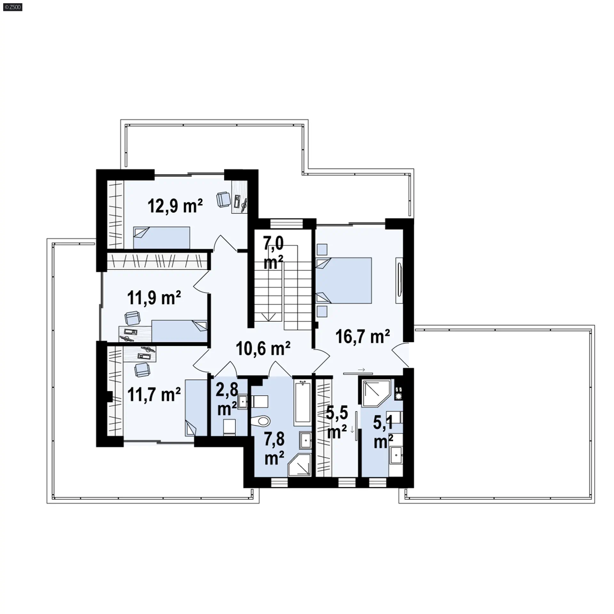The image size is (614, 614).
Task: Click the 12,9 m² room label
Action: pos(175,206)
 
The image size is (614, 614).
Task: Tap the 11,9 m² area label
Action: pos(154,298)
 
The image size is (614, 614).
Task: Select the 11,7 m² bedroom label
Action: pos(154,394)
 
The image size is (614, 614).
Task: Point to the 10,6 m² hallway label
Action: pos(263,348)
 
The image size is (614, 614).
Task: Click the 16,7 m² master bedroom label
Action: pos(363,336)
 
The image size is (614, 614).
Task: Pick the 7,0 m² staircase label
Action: pos(273,253)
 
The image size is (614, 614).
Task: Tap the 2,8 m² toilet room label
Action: pos(227,399)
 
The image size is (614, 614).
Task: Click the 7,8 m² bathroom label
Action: pos(274,448)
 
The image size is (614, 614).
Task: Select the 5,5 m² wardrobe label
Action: pos(337,422)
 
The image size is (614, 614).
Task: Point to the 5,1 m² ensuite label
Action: pos(383,432)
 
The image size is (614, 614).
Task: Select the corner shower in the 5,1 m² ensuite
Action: pos(376,393)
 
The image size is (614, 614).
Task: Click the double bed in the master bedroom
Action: pos(344,280)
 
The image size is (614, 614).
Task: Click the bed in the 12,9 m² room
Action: pos(161,238)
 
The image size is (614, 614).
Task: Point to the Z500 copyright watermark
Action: pos(13,7)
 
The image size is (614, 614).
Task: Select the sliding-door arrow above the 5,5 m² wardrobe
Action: pos(362,370)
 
